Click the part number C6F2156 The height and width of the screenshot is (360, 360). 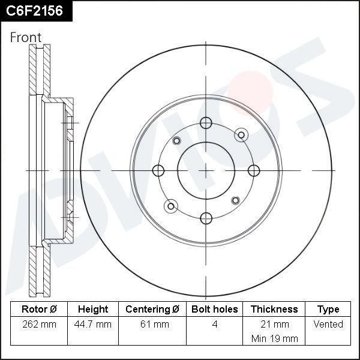point(34,10)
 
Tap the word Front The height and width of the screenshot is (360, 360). point(26,37)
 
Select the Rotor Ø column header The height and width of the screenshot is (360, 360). point(38,310)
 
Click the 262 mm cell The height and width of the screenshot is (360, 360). point(38,325)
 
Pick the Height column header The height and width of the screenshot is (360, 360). point(93,310)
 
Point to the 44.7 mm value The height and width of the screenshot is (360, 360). point(93,325)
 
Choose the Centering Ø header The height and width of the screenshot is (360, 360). point(152,310)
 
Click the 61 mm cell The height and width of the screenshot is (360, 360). point(152,325)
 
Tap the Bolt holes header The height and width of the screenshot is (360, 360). point(215,310)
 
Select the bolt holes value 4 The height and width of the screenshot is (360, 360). point(215,325)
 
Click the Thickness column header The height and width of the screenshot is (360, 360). point(274,310)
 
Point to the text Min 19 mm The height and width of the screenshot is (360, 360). point(274,338)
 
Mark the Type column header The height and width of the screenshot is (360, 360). point(328,310)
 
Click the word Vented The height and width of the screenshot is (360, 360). point(328,325)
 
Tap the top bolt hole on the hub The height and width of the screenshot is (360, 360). point(206,123)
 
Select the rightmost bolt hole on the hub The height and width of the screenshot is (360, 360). point(253,170)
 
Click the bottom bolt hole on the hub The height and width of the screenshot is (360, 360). point(206,217)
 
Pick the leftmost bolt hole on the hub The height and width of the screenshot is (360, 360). point(159,170)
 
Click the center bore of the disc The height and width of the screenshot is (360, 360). point(206,170)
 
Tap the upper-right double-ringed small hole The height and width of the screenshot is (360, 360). point(241,134)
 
